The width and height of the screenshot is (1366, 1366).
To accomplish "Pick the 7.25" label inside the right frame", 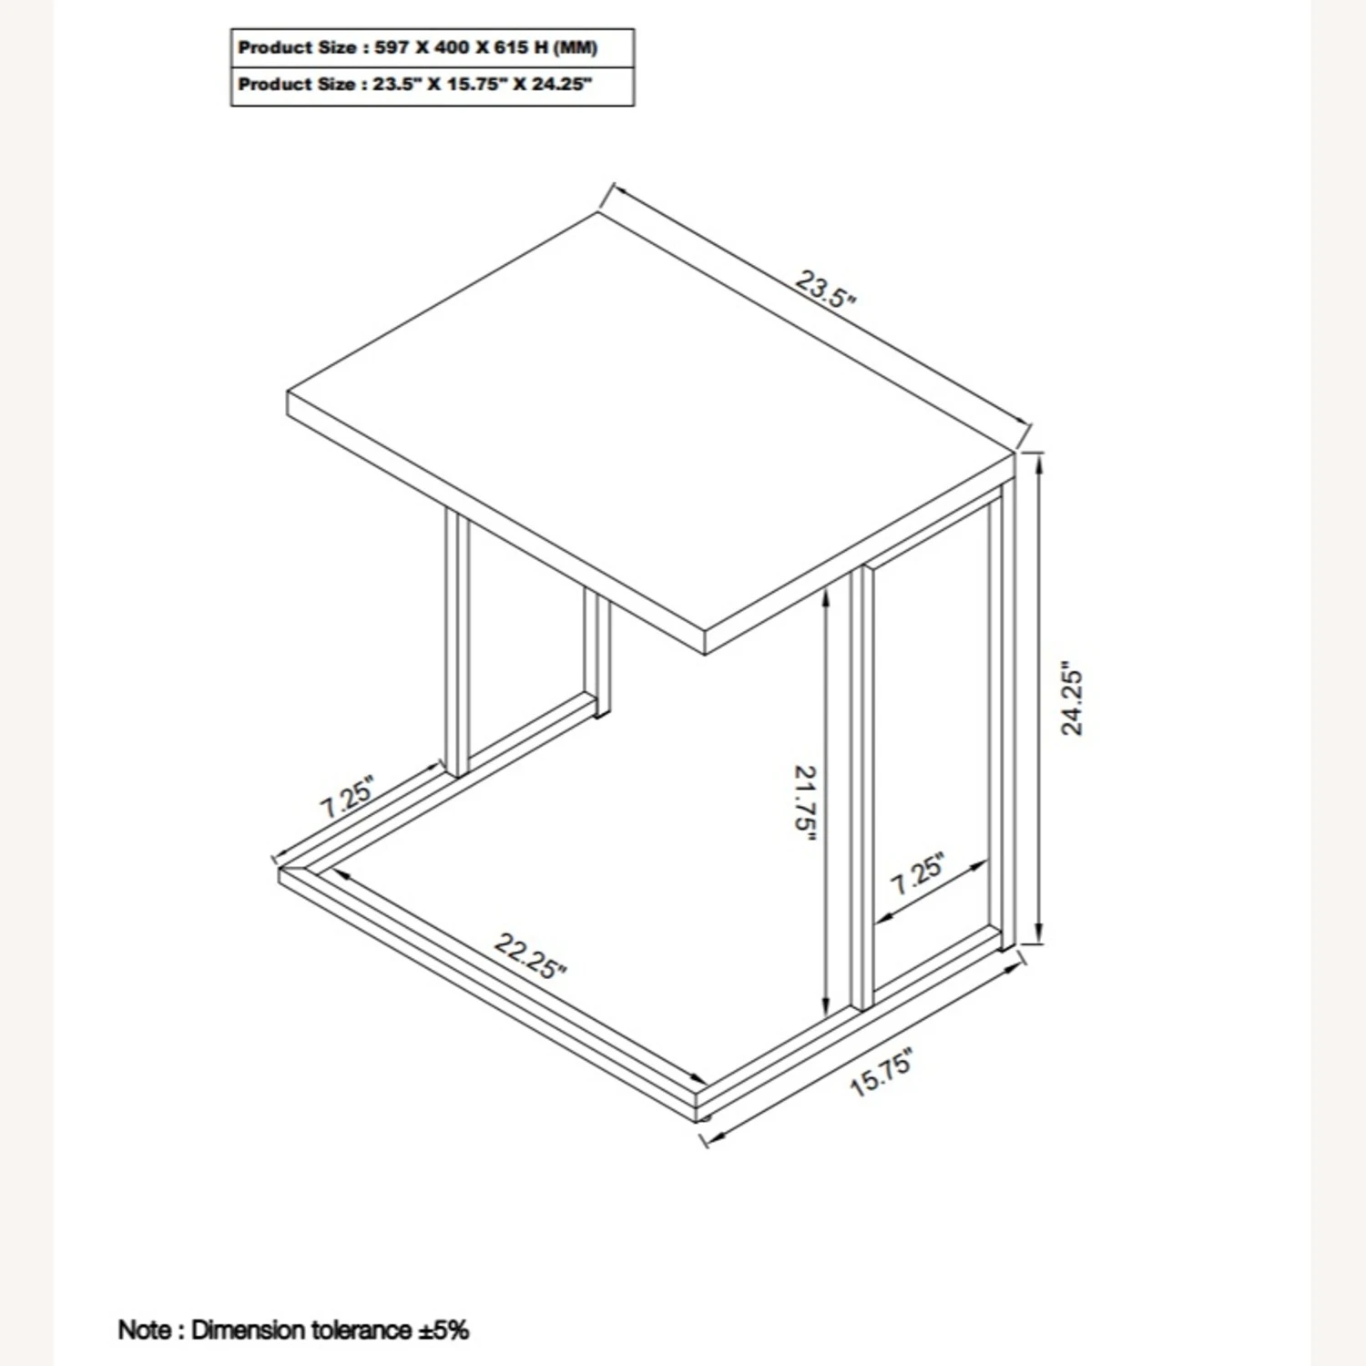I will [917, 873].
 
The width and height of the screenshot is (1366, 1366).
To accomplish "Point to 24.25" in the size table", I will [562, 85].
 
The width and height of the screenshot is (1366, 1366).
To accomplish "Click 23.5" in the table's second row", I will [395, 85].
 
